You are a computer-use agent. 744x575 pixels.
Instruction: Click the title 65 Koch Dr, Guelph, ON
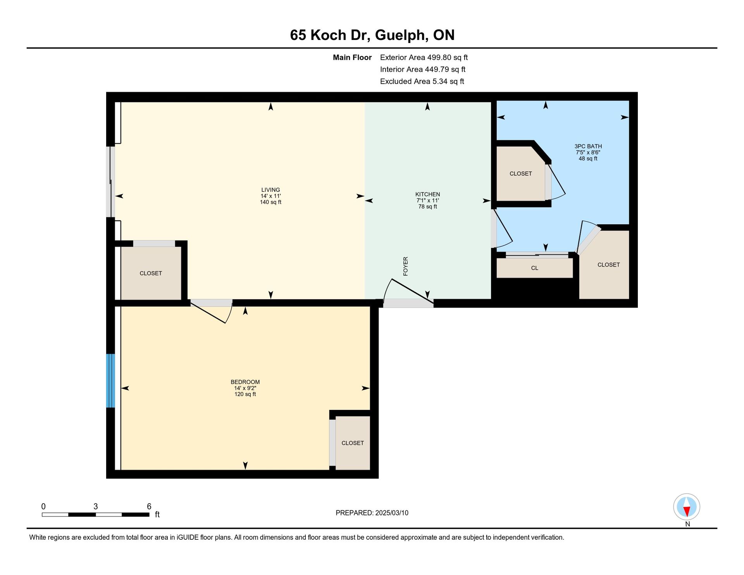pos(372,35)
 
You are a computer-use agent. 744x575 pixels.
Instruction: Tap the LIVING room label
pos(270,190)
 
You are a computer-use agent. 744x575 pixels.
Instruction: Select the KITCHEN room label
pos(427,194)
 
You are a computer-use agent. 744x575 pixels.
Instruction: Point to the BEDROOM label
pos(245,382)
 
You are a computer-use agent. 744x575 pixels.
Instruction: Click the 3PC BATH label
pos(588,146)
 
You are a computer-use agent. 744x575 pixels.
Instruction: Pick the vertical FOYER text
pos(406,266)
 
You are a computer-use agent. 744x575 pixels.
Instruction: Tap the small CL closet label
pos(534,268)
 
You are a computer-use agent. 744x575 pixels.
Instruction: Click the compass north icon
pos(687,507)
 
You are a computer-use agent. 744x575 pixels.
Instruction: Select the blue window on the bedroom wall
pos(111,380)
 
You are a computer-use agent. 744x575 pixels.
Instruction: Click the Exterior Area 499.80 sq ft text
pos(424,57)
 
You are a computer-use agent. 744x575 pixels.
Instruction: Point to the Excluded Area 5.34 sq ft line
pos(422,81)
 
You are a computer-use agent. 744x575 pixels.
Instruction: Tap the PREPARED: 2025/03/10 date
pos(372,513)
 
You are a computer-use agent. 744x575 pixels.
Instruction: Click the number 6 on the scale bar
pos(149,506)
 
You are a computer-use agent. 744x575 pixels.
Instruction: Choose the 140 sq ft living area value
pos(270,202)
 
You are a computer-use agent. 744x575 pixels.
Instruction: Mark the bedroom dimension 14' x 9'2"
pos(245,388)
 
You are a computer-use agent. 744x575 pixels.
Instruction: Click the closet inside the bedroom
pos(353,443)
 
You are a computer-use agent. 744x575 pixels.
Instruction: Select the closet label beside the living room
pos(151,273)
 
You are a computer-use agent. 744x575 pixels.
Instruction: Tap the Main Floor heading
pos(352,57)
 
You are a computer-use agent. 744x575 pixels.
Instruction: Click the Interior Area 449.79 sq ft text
pos(423,69)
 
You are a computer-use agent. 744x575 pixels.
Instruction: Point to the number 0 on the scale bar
pos(43,506)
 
